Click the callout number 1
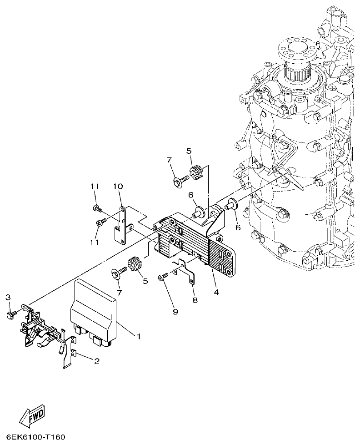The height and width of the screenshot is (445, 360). [139, 336]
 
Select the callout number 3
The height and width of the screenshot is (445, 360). [8, 297]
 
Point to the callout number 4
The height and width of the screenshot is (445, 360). [216, 293]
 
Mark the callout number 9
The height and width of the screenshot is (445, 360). [175, 311]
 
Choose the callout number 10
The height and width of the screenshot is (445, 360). [118, 187]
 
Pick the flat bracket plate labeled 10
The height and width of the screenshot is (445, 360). [121, 225]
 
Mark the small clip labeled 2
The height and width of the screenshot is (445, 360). [74, 353]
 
